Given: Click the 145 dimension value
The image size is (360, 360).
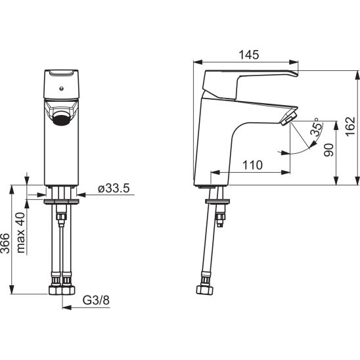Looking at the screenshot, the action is [x=249, y=55].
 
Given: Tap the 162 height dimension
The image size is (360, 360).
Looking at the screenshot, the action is [x=351, y=126].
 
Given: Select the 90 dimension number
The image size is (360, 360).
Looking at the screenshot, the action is [x=328, y=150].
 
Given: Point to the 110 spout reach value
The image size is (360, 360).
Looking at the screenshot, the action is [x=252, y=165].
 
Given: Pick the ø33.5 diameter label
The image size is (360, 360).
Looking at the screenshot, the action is [x=114, y=189].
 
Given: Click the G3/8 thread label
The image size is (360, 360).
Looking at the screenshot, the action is [x=96, y=300].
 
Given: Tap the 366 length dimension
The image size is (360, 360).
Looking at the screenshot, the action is [x=5, y=243].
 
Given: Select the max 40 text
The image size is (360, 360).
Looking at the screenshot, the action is [x=20, y=233].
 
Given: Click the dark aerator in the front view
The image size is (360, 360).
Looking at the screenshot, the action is [x=61, y=118].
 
